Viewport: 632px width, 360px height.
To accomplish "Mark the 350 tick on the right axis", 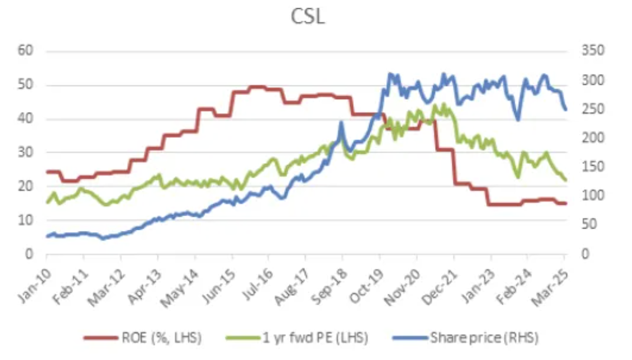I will [x=592, y=51].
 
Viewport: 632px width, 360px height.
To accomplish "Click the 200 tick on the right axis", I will [x=592, y=138].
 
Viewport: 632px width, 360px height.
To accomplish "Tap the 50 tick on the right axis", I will [x=590, y=225].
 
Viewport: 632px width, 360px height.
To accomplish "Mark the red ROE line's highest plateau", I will [x=258, y=87].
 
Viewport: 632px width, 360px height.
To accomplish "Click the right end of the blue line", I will [x=565, y=110].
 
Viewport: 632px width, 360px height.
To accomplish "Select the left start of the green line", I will [x=47, y=202].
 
